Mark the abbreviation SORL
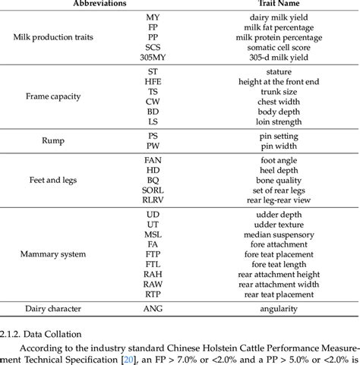tap(154, 190)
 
